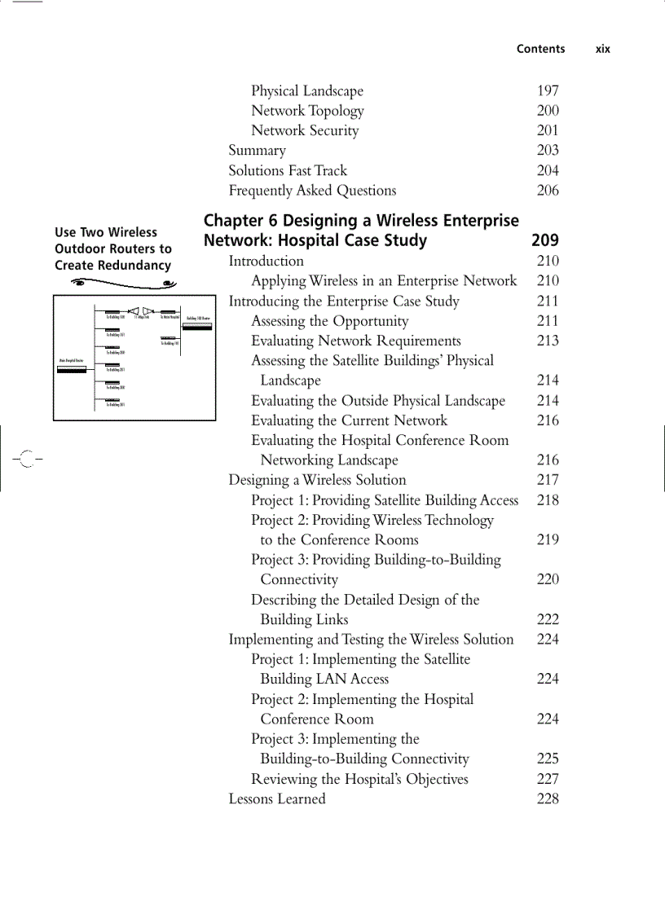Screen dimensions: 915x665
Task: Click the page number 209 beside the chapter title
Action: (545, 240)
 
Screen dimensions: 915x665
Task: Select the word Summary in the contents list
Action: (257, 151)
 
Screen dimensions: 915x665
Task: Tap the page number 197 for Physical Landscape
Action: (548, 91)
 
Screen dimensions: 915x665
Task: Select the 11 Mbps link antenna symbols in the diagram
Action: (141, 310)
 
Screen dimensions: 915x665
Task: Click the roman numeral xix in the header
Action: (602, 49)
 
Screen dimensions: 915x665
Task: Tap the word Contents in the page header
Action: (540, 49)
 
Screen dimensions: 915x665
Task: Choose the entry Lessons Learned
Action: (277, 799)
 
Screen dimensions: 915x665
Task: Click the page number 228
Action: (548, 799)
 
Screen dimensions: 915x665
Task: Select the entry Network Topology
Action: (307, 111)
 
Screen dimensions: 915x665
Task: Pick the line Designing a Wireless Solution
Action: (317, 481)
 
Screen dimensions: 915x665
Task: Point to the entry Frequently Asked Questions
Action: (312, 191)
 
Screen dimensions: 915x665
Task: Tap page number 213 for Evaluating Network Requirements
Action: (548, 341)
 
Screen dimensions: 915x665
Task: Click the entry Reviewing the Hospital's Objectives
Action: (359, 779)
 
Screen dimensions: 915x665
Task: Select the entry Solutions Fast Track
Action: (288, 171)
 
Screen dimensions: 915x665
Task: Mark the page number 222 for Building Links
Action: (548, 620)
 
